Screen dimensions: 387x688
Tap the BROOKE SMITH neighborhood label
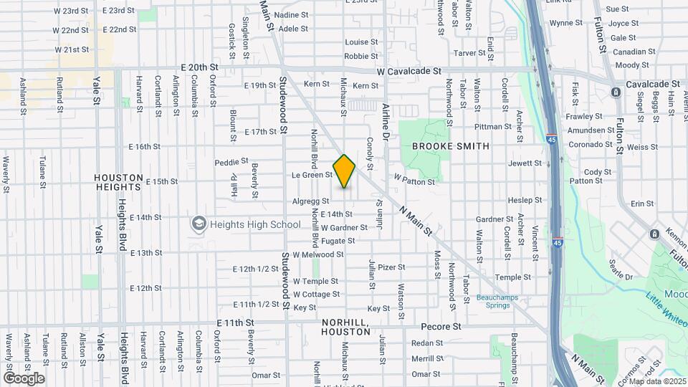[451, 146]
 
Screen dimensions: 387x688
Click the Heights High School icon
[198, 224]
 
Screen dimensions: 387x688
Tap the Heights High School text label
[245, 224]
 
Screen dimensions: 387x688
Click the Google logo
[24, 378]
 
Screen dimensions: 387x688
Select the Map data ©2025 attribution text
[656, 381]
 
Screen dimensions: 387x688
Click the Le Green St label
[312, 175]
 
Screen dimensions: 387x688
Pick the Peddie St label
[231, 162]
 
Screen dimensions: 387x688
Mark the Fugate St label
[338, 241]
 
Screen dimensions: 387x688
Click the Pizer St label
[391, 267]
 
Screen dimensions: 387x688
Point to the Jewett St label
[525, 163]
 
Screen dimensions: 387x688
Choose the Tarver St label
[469, 53]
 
